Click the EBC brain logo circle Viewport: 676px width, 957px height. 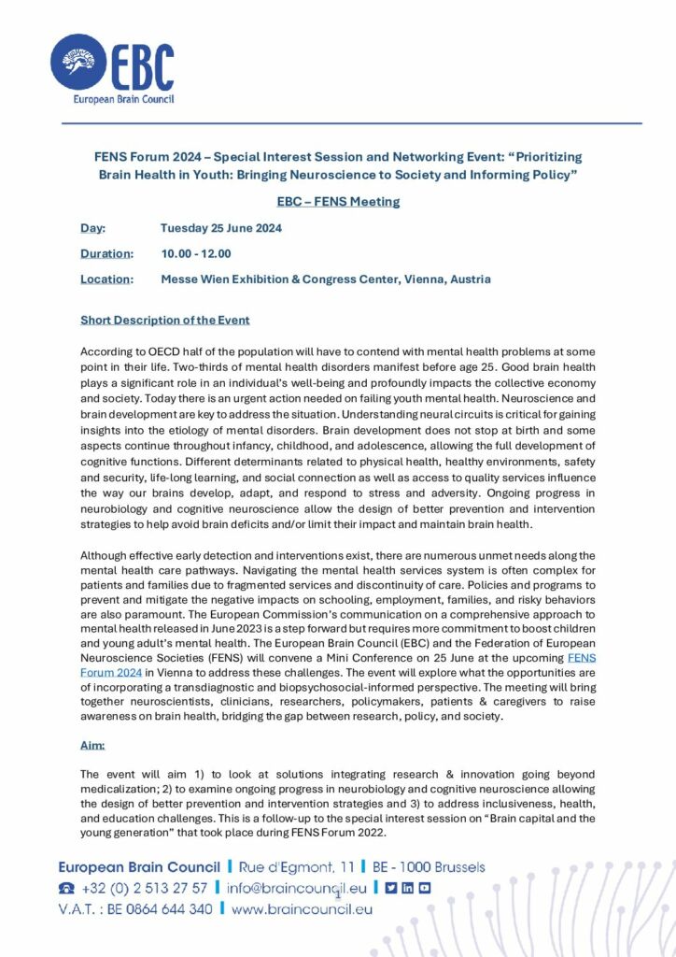[80, 63]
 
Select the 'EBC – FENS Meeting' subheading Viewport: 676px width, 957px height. [338, 201]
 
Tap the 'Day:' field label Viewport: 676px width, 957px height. [92, 228]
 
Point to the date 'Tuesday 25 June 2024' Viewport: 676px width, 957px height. [221, 228]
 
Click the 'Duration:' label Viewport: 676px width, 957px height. [106, 253]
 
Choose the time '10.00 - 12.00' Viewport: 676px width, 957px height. [196, 253]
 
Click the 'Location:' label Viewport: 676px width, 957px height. [106, 279]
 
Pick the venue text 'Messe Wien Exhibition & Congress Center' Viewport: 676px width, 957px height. [294, 279]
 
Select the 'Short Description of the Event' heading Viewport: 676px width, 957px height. [165, 321]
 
